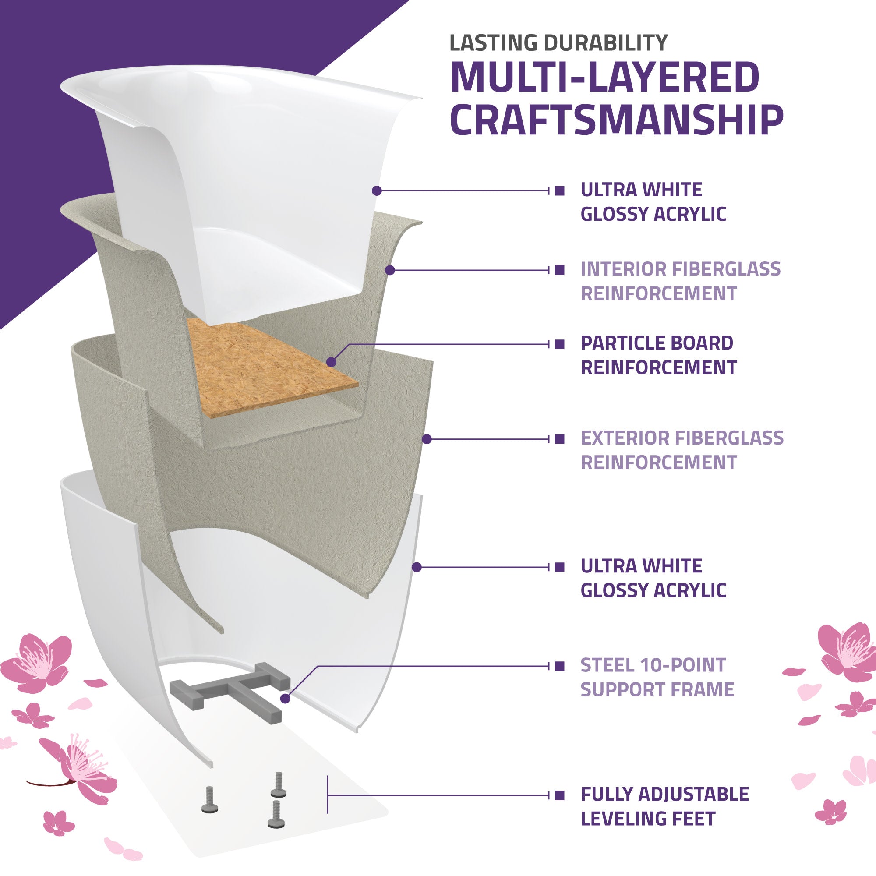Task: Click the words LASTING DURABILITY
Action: pyautogui.click(x=558, y=43)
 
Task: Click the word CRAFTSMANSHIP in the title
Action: pyautogui.click(x=617, y=120)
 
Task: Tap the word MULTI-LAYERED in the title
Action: pyautogui.click(x=605, y=77)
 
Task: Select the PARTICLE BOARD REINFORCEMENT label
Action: pyautogui.click(x=658, y=355)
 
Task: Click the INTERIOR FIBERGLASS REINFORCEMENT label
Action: pyautogui.click(x=680, y=281)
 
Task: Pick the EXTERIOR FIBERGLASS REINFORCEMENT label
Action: pyautogui.click(x=682, y=450)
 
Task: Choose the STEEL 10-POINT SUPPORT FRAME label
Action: pyautogui.click(x=657, y=678)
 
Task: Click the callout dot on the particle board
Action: pyautogui.click(x=331, y=362)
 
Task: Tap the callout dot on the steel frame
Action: pyautogui.click(x=285, y=699)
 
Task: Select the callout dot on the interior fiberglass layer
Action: pyautogui.click(x=390, y=270)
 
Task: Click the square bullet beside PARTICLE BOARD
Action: pyautogui.click(x=559, y=344)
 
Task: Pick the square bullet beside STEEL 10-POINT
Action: pyautogui.click(x=559, y=666)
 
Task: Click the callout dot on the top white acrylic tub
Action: pyautogui.click(x=376, y=191)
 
